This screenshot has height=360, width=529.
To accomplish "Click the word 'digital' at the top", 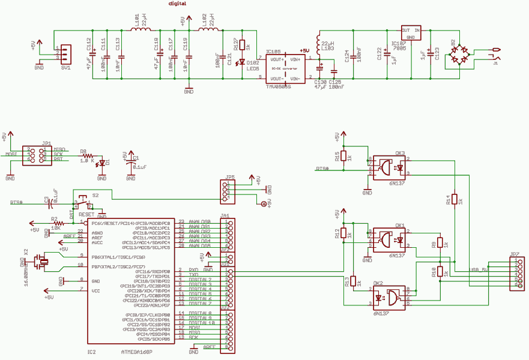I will click(177, 4).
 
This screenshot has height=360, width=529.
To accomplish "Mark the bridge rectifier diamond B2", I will click(462, 55).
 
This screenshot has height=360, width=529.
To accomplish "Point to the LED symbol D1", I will click(101, 163).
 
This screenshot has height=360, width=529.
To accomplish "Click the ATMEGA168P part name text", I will click(136, 352).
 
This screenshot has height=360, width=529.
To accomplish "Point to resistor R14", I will click(455, 199).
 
